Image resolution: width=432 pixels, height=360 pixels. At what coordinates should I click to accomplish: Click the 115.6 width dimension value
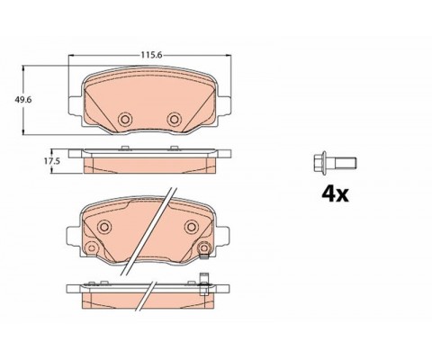[x=151, y=55]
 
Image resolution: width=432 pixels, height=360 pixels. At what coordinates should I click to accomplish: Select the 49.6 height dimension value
[x=23, y=100]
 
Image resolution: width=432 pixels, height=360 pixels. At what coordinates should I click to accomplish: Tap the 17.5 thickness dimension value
[x=52, y=161]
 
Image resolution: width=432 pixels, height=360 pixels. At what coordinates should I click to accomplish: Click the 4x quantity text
[x=335, y=194]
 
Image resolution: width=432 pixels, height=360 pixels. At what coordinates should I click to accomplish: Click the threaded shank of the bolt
[x=346, y=162]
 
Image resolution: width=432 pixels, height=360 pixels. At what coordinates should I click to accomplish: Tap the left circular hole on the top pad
[x=125, y=120]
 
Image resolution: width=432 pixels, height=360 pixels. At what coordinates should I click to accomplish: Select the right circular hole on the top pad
[x=174, y=120]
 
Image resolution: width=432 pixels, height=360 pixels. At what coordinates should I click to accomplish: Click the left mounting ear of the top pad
[x=75, y=105]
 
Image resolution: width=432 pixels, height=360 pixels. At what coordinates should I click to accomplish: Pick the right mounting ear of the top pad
[x=225, y=105]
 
